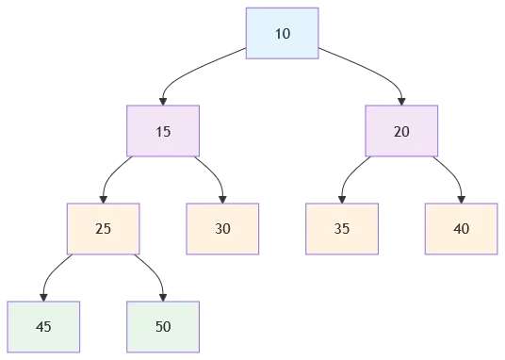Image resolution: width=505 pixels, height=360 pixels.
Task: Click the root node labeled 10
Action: pyautogui.click(x=283, y=34)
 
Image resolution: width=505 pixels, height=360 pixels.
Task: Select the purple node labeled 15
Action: pyautogui.click(x=163, y=131)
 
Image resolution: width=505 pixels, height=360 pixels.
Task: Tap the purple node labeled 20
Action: pyautogui.click(x=401, y=131)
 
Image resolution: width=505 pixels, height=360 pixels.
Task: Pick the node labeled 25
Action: pyautogui.click(x=104, y=228)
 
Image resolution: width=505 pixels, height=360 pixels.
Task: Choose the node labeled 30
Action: pyautogui.click(x=222, y=228)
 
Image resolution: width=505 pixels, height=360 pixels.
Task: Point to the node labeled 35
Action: pyautogui.click(x=341, y=228)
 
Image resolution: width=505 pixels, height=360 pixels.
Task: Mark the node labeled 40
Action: pyautogui.click(x=461, y=228)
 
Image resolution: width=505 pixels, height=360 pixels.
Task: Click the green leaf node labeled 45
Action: pyautogui.click(x=43, y=326)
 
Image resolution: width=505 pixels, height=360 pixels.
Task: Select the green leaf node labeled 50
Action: pyautogui.click(x=163, y=326)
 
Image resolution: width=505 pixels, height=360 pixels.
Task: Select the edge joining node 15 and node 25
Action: pyautogui.click(x=115, y=174)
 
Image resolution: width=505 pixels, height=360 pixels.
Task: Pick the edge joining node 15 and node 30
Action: pyautogui.click(x=213, y=174)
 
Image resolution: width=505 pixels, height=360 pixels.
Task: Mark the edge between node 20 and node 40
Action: pyautogui.click(x=450, y=174)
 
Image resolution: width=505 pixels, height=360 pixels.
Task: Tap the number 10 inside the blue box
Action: pyautogui.click(x=283, y=34)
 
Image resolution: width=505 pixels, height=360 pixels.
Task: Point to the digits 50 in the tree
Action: pyautogui.click(x=163, y=326)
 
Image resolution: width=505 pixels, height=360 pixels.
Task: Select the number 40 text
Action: pyautogui.click(x=461, y=228)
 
